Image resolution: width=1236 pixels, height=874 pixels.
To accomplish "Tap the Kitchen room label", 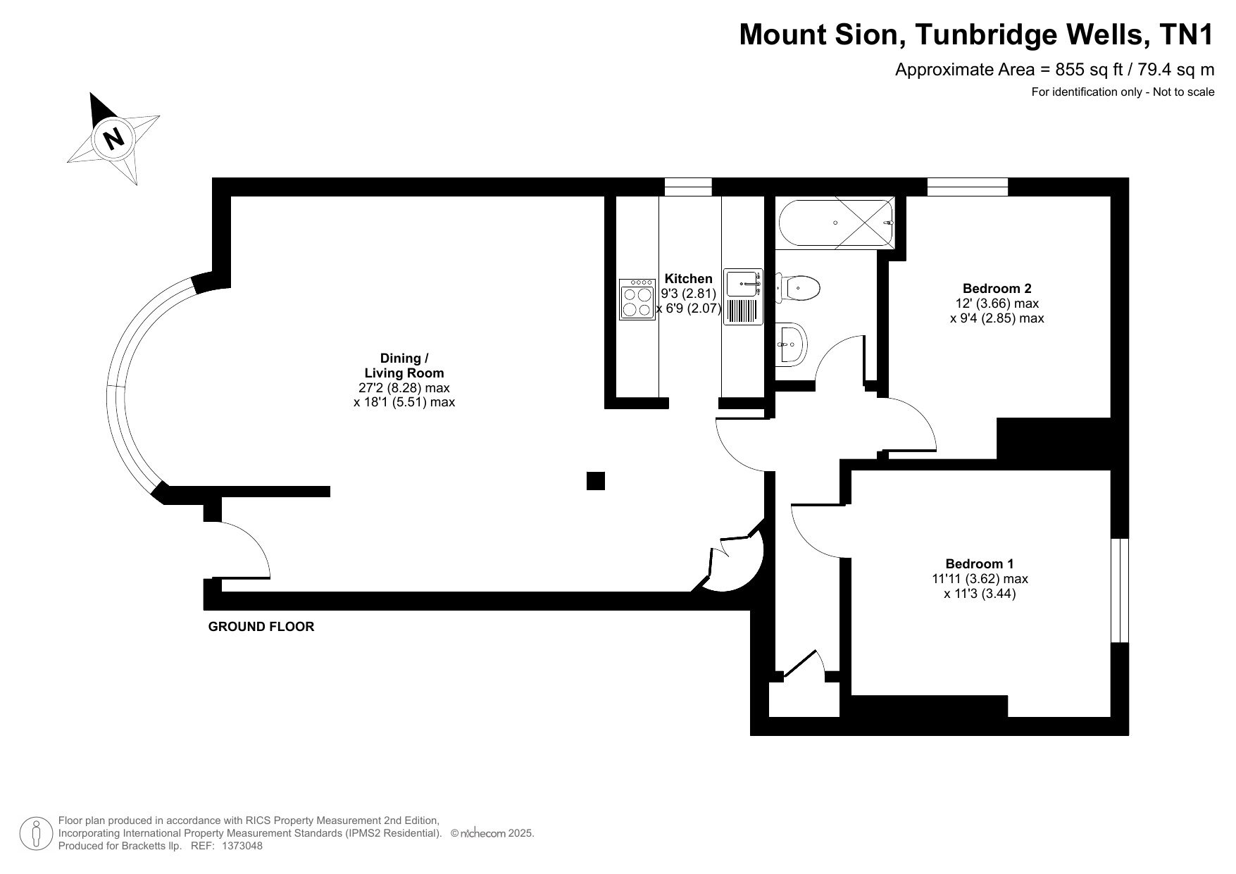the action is [x=688, y=279].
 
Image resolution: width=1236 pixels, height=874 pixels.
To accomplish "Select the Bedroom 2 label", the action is [x=997, y=288].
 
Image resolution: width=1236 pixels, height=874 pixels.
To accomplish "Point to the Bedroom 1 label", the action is [x=979, y=564].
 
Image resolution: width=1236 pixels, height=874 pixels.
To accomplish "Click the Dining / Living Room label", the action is [x=404, y=366].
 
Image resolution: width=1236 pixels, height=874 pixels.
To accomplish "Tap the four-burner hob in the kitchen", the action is [x=637, y=299].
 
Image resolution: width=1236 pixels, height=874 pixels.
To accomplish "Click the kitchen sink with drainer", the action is [x=743, y=297].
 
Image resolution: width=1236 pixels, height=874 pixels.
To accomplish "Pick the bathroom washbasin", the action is [x=792, y=344].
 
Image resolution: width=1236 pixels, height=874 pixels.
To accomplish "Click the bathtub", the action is [x=836, y=223].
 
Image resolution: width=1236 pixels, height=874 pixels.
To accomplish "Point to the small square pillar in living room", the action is [x=596, y=480].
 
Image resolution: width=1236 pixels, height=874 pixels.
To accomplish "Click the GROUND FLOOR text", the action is [x=261, y=627].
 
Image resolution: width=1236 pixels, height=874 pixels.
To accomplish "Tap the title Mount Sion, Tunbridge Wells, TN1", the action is [x=977, y=35].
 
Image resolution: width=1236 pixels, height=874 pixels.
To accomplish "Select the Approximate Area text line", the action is [x=1054, y=70].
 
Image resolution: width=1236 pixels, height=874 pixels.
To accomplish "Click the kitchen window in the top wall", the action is [x=688, y=187].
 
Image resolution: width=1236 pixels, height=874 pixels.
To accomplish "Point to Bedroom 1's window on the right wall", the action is [x=1120, y=591].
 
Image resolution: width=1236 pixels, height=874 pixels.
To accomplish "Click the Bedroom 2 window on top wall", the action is [x=968, y=187].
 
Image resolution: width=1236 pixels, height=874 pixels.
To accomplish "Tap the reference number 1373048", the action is [x=242, y=846].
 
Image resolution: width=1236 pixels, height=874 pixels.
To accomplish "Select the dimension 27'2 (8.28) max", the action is [x=404, y=388].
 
